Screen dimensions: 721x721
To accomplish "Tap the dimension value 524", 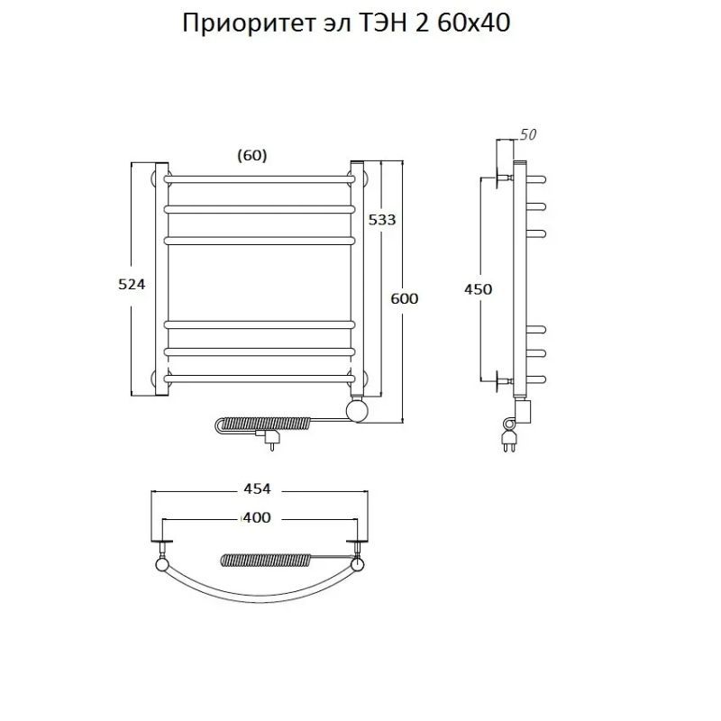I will pos(132,283).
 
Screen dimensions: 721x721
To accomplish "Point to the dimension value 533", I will pos(381,220).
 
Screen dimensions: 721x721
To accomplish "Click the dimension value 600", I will pos(405,298).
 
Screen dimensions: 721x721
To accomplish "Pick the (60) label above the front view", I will pos(252,155).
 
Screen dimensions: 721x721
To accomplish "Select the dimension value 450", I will pos(478,289).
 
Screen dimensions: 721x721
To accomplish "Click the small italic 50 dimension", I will pos(528,135).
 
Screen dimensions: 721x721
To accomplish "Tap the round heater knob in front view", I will pos(359,411).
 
